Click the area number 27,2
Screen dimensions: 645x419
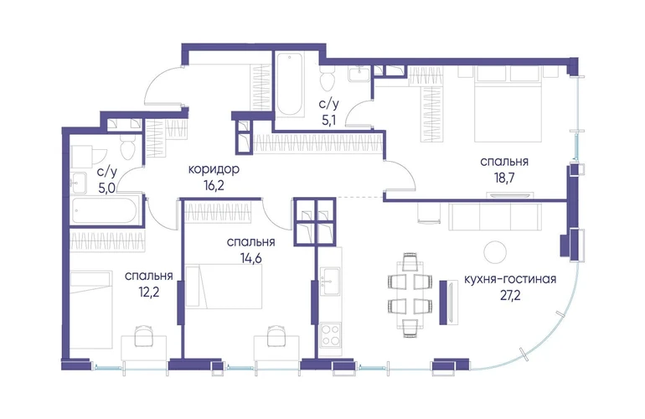(x=510, y=296)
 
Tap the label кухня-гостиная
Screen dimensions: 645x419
(x=510, y=279)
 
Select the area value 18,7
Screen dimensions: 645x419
(x=504, y=178)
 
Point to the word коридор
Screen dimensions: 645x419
(x=214, y=169)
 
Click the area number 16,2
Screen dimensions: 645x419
(x=214, y=186)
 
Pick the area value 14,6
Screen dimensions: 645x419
(x=251, y=258)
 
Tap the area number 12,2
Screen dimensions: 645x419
(x=149, y=292)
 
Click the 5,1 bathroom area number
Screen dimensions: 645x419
(x=329, y=120)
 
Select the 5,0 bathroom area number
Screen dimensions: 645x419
(x=107, y=189)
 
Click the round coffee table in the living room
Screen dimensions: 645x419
(x=495, y=252)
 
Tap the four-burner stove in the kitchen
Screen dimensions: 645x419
(x=330, y=334)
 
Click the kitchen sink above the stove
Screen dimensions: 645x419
(x=330, y=281)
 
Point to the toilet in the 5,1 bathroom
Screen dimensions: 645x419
(x=328, y=80)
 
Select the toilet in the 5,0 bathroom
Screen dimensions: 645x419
(x=127, y=148)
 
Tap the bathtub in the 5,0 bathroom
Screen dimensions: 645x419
(x=104, y=210)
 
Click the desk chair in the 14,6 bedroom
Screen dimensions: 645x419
(x=276, y=335)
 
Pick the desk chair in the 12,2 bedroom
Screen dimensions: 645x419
(x=143, y=335)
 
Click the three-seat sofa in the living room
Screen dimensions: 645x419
(x=495, y=216)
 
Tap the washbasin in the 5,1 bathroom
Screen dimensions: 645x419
(x=360, y=74)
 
